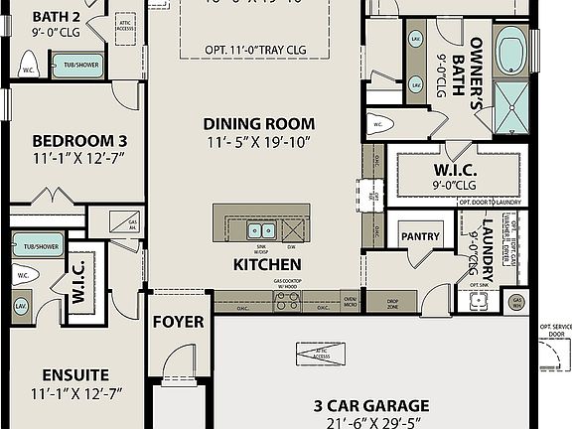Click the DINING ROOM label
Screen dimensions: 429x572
pos(259,124)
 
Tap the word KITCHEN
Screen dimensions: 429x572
pos(267,265)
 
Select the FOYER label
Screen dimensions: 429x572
pos(179,322)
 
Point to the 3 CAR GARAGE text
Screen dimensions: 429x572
pos(371,405)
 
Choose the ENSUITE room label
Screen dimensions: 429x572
pos(75,374)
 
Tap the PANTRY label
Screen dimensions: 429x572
pos(420,237)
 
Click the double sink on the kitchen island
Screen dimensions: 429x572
pos(261,230)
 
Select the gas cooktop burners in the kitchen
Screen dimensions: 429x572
pos(286,301)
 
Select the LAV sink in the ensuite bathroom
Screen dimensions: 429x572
pos(21,306)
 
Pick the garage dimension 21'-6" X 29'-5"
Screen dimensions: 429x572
pos(371,423)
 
